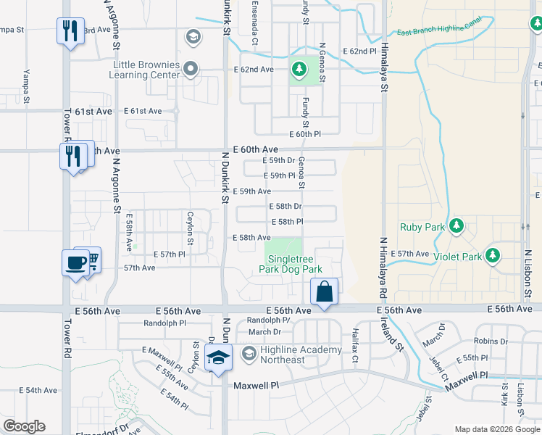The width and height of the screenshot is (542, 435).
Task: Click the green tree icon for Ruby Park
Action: pyautogui.click(x=456, y=227)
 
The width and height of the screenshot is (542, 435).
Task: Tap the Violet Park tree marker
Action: pyautogui.click(x=493, y=256)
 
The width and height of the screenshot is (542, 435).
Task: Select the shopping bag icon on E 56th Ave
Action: pyautogui.click(x=325, y=291)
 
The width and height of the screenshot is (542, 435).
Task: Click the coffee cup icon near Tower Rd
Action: pyautogui.click(x=76, y=262)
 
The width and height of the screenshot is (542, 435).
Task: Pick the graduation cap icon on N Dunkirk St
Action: pyautogui.click(x=218, y=357)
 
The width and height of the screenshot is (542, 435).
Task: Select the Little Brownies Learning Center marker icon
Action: pyautogui.click(x=191, y=69)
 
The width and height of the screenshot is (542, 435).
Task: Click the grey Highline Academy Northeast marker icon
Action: pyautogui.click(x=249, y=353)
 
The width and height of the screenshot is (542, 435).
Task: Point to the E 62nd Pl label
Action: pyautogui.click(x=359, y=51)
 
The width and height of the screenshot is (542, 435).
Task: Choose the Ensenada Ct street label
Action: pyautogui.click(x=254, y=23)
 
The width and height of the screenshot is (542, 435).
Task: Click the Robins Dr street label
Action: pyautogui.click(x=491, y=340)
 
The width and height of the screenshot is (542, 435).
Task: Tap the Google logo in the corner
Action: pyautogui.click(x=24, y=426)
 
